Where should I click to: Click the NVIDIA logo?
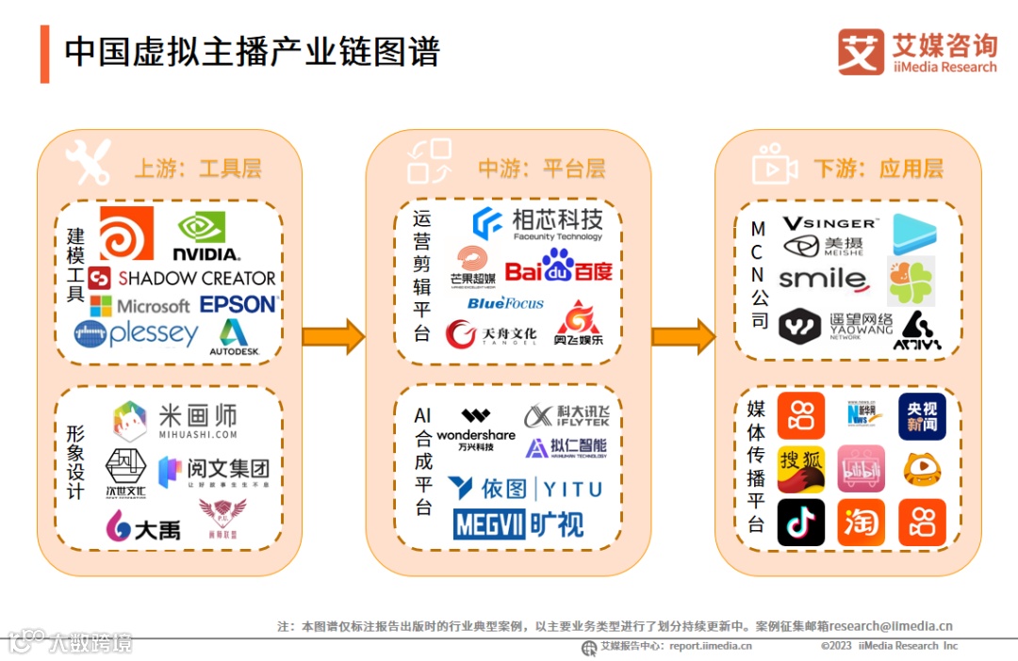[x=206, y=236]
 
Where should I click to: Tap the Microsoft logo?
[x=140, y=306]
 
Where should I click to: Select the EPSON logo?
[x=238, y=304]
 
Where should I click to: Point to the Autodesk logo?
[x=233, y=338]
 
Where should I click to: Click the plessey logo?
[x=137, y=334]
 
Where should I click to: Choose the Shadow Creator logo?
[x=182, y=278]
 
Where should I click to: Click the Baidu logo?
[x=559, y=269]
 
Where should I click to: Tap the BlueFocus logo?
[x=505, y=303]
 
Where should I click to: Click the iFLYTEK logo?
[x=566, y=415]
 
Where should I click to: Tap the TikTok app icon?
[x=801, y=523]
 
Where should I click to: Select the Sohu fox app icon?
[x=801, y=469]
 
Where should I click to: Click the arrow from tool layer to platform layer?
[x=333, y=336]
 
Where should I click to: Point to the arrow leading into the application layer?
[x=682, y=336]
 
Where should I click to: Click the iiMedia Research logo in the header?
[x=916, y=52]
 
